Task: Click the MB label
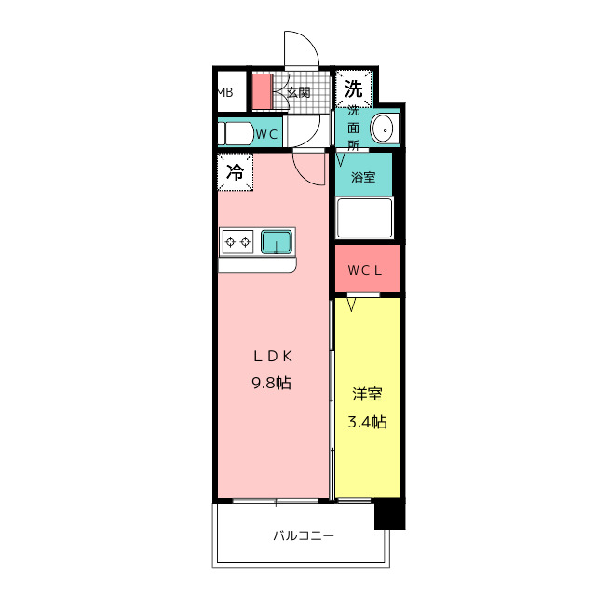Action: pos(224,92)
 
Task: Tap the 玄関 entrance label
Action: pos(298,92)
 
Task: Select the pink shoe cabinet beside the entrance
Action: pos(263,92)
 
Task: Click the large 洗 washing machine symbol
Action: pos(354,89)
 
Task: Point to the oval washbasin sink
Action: pos(385,129)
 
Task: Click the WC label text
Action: pos(267,134)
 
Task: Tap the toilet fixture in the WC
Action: pos(236,133)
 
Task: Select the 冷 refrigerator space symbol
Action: pos(236,171)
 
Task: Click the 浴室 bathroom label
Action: pos(363,177)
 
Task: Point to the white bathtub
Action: pos(364,218)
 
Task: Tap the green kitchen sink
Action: pos(277,242)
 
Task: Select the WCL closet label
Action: pos(364,271)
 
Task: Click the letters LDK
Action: pos(273,357)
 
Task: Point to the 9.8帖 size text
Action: pos(271,383)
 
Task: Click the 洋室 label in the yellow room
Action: pos(367,394)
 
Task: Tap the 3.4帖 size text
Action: pos(368,422)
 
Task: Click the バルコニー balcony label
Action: pos(304,536)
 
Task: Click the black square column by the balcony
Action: pos(390,514)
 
